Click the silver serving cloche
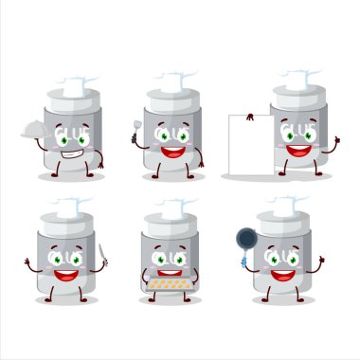pyautogui.click(x=36, y=133)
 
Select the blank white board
pyautogui.click(x=249, y=145)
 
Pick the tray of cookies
pyautogui.click(x=171, y=282)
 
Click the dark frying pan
pyautogui.click(x=246, y=238)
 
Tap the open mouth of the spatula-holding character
pyautogui.click(x=172, y=150)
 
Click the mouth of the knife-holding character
pyautogui.click(x=66, y=275)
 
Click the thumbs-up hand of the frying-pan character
pyautogui.click(x=320, y=259)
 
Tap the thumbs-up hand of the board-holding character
pyautogui.click(x=334, y=140)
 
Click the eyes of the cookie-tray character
pyautogui.click(x=171, y=259)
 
